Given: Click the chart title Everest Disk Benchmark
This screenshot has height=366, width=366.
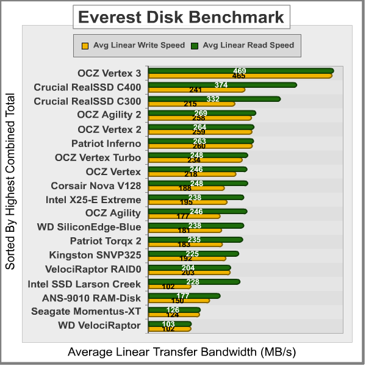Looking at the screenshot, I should pos(181,17).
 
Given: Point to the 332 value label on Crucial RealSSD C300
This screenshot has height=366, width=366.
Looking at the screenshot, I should pos(213,99).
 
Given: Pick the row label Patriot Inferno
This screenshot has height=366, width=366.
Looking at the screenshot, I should pos(106,143).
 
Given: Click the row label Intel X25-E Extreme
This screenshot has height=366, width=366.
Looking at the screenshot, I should pos(93,199).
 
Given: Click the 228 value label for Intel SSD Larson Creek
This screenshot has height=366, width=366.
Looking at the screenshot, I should pos(192,281).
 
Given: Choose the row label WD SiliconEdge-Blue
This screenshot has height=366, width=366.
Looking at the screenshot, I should pos(89,228).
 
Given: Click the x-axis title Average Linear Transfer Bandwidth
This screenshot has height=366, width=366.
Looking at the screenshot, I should pos(182,352).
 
